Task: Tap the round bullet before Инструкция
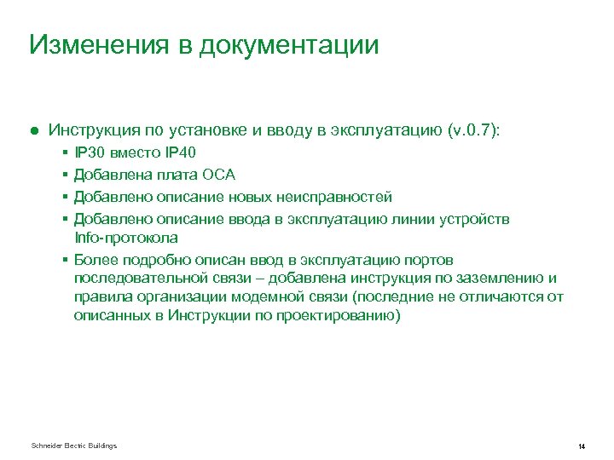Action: (33, 131)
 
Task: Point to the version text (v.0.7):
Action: (475, 130)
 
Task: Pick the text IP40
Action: (179, 153)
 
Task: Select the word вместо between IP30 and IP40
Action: (135, 153)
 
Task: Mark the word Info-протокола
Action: (126, 237)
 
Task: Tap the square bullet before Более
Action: (66, 259)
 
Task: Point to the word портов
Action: (431, 259)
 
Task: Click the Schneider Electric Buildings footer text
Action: (73, 446)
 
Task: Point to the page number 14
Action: (580, 446)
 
